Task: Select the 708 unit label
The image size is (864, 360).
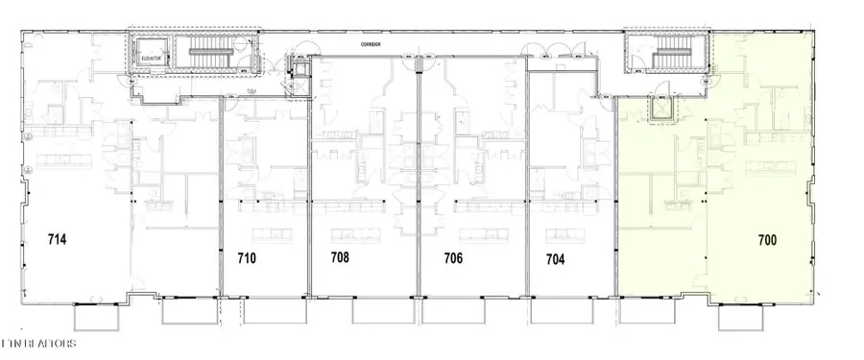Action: pos(339,257)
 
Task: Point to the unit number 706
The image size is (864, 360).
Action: pos(453,257)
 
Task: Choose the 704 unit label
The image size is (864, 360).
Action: pos(556,257)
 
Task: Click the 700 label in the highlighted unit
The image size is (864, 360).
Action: pos(766,239)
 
